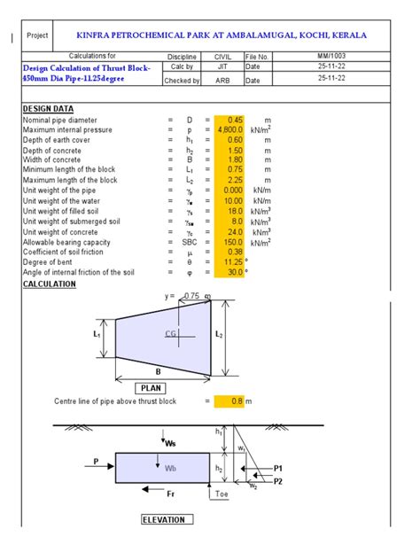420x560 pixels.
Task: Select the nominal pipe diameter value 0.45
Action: point(235,120)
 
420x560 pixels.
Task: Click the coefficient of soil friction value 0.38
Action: point(235,252)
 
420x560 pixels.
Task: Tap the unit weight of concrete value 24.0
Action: point(234,231)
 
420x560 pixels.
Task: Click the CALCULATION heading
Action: point(50,284)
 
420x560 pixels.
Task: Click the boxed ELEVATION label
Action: point(164,520)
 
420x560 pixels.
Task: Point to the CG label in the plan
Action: point(171,333)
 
